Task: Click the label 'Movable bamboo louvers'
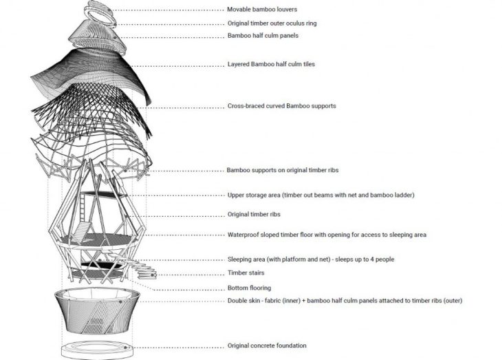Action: [x=262, y=10]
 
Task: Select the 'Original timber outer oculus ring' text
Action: [x=272, y=23]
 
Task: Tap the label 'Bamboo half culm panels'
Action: [x=263, y=36]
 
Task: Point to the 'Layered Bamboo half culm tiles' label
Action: [x=271, y=64]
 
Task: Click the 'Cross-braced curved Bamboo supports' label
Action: [x=282, y=106]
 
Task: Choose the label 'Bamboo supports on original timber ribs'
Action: [x=283, y=170]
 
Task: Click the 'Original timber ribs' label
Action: [x=254, y=214]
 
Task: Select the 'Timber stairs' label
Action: [x=246, y=273]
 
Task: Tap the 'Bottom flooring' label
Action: [x=249, y=288]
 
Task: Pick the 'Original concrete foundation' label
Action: [x=267, y=346]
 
